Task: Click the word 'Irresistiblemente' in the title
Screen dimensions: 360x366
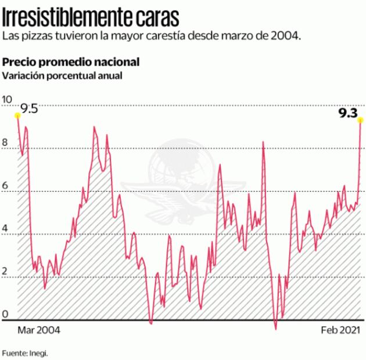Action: tap(66, 17)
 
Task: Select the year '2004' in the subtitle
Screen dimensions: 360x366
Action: tap(286, 36)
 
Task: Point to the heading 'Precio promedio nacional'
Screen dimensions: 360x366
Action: tap(70, 62)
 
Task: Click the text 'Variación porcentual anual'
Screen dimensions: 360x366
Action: tap(62, 75)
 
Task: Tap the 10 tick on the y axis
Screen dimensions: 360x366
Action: tap(6, 99)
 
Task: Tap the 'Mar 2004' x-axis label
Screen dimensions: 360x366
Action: tap(39, 330)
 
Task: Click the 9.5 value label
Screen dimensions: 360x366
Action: tap(29, 109)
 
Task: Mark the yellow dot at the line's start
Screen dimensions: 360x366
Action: tap(17, 115)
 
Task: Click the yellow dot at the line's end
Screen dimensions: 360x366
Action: tap(361, 120)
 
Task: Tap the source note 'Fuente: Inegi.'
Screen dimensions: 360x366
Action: tap(25, 352)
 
